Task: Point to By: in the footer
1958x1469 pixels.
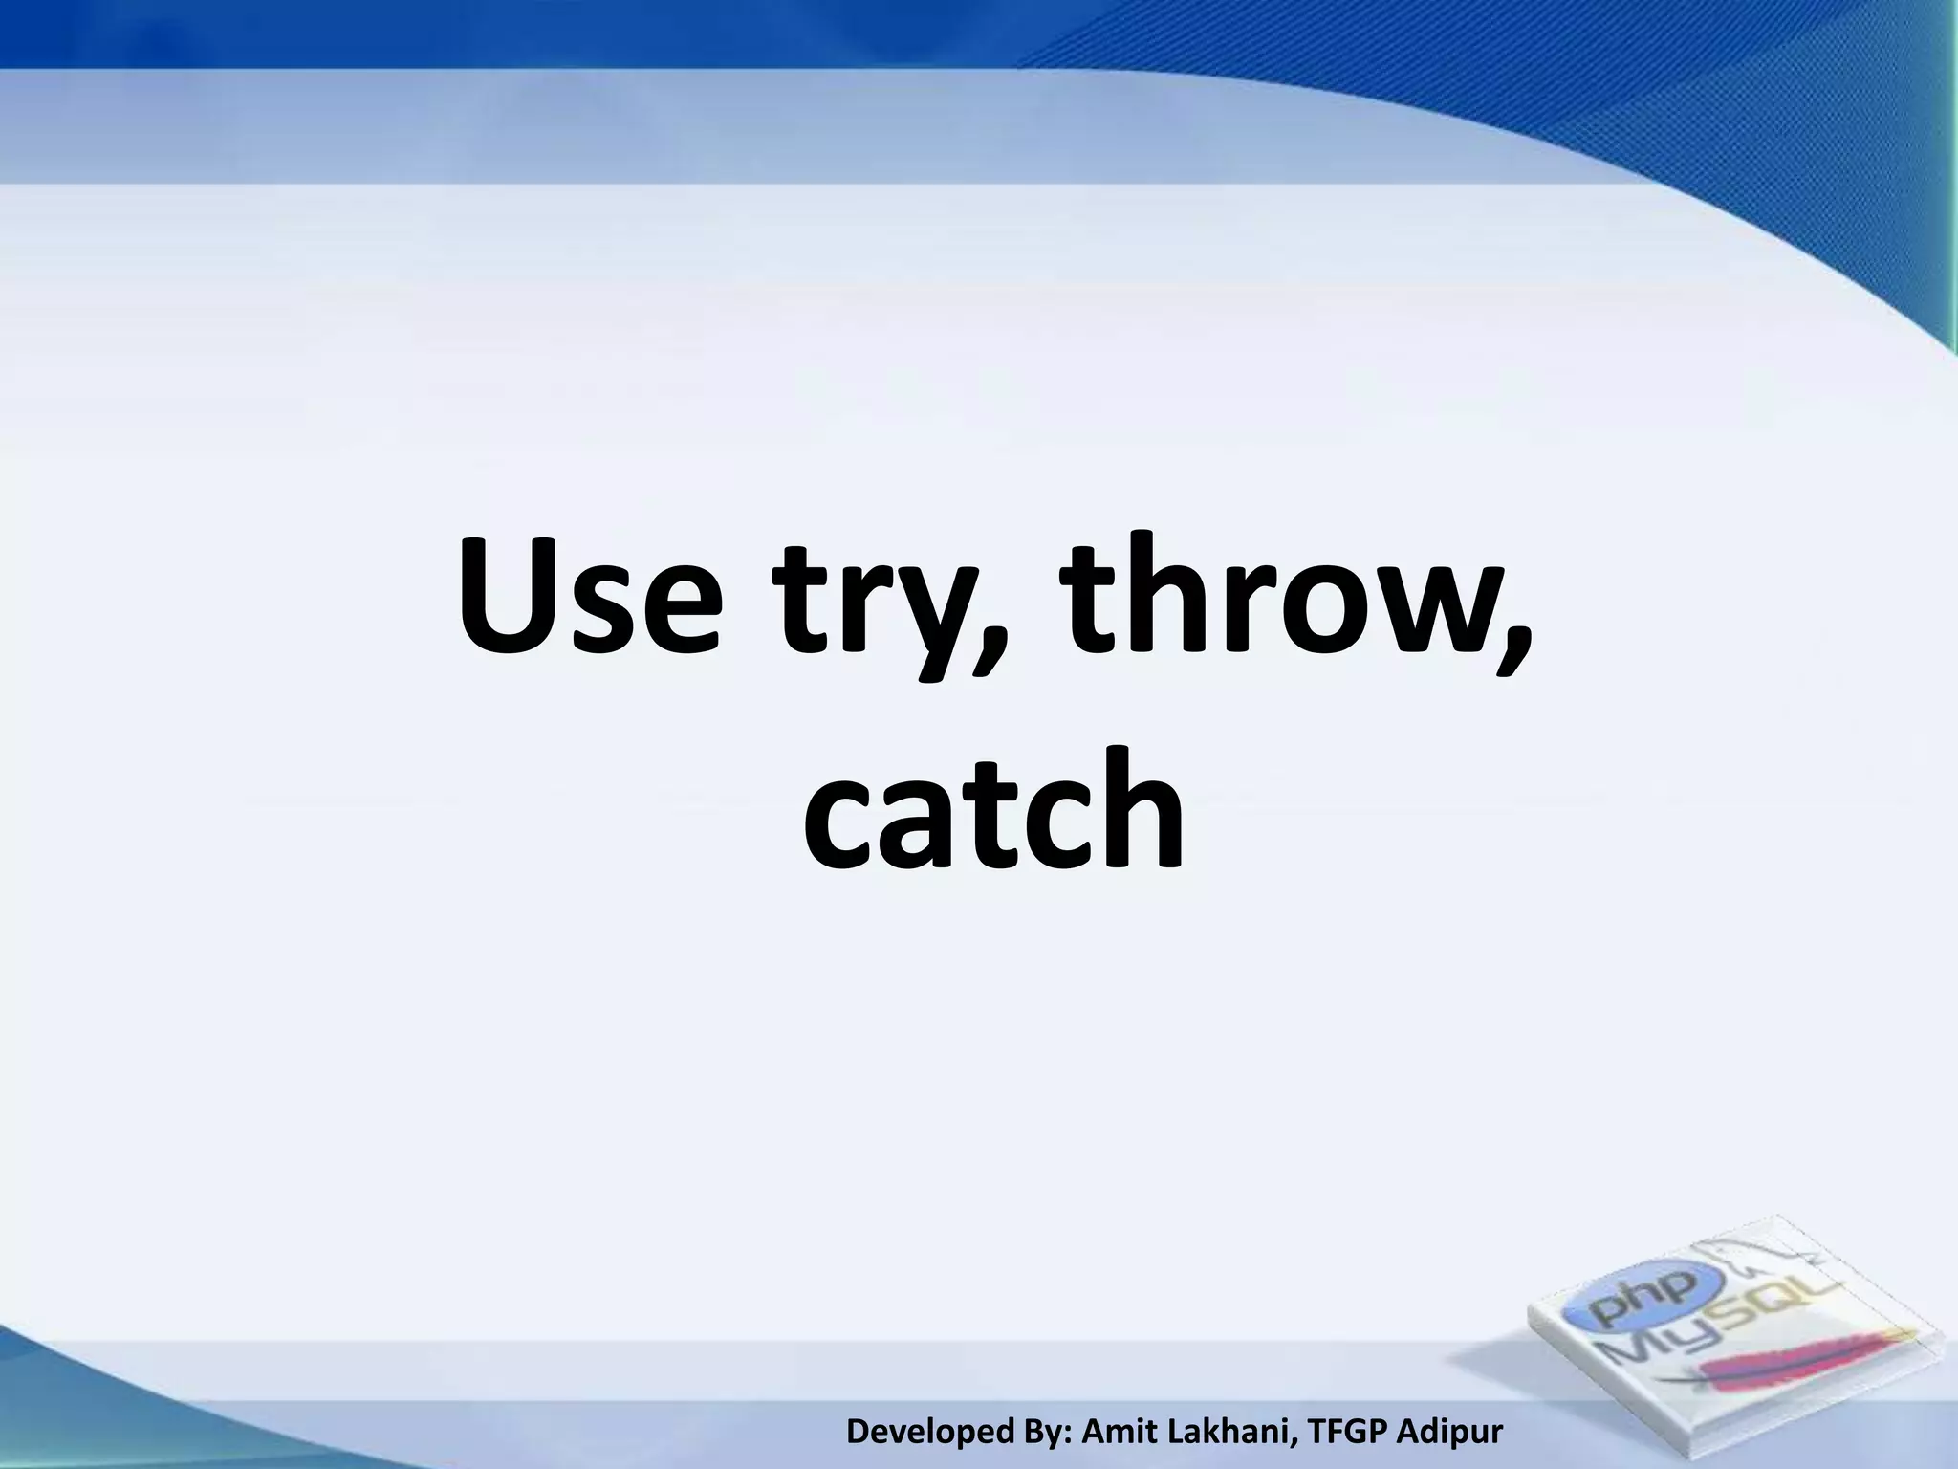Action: [1053, 1431]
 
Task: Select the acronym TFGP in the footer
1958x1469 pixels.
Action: [1344, 1431]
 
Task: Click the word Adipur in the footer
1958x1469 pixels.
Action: [1449, 1431]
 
